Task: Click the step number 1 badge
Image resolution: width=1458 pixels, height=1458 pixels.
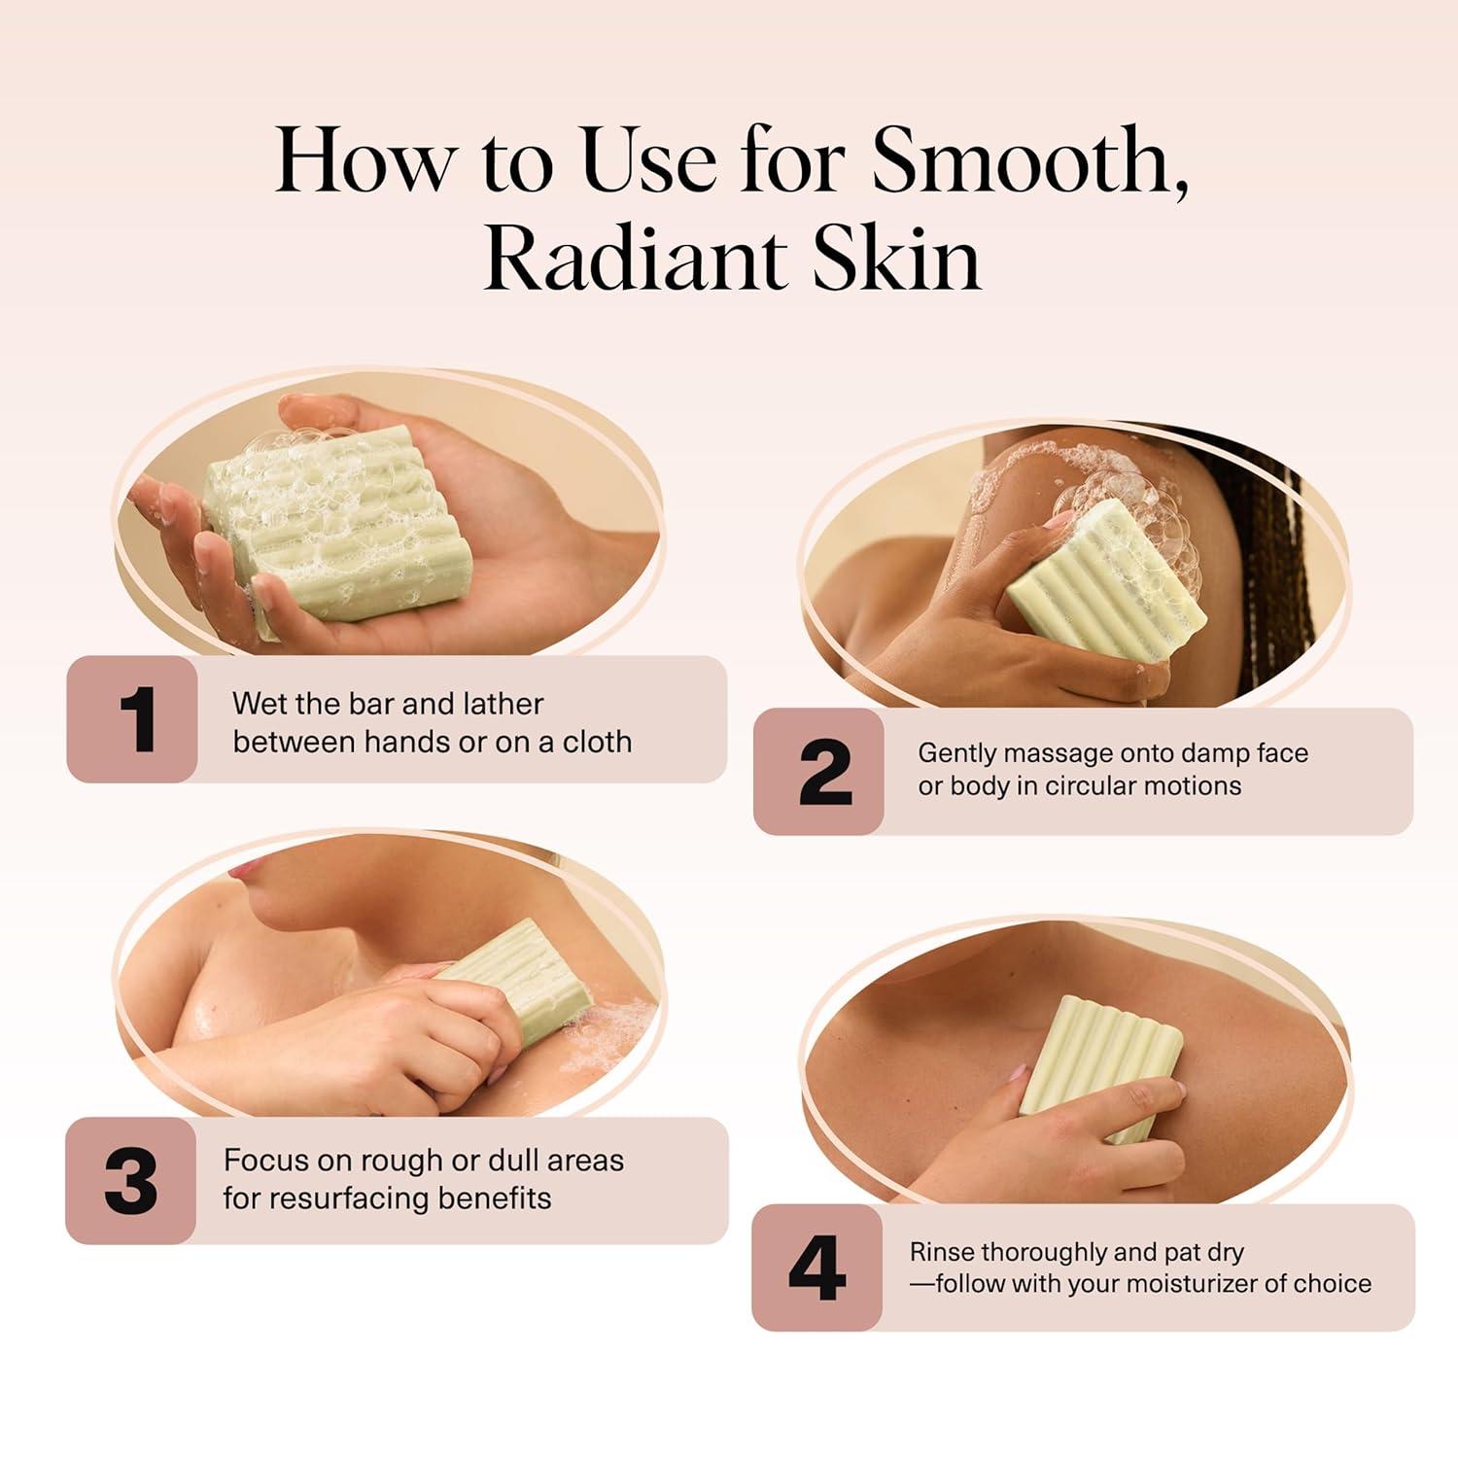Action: [132, 719]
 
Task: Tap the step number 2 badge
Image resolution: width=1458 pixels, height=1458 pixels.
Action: [818, 772]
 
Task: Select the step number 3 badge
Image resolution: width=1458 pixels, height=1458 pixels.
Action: [131, 1181]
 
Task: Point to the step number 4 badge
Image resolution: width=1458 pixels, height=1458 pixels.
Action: [816, 1268]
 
